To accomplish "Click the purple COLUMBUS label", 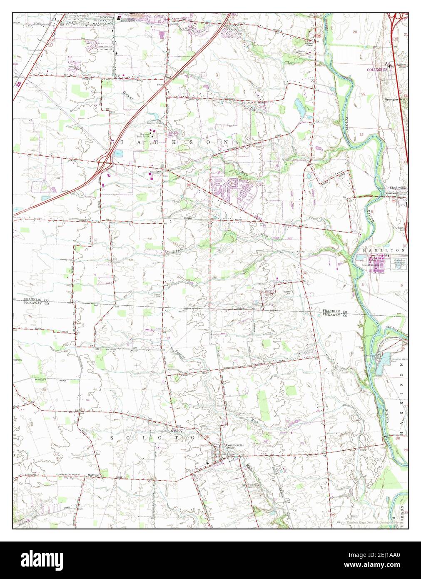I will pos(377,70).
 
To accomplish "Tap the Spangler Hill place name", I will pos(394,100).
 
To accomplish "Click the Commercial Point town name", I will pos(234,446).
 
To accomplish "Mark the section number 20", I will pos(355,32).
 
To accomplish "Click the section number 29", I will pos(363,95).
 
